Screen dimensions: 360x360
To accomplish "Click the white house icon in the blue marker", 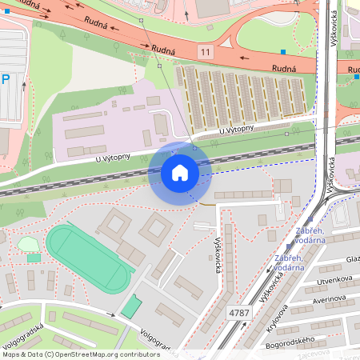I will click(180, 173).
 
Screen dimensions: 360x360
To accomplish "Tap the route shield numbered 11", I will click(207, 52).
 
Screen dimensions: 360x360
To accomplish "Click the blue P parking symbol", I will click(6, 79).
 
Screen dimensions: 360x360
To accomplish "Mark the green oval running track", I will click(87, 258).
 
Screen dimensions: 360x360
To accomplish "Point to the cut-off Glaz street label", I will click(352, 258).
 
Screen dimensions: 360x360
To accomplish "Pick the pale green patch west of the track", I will click(28, 244).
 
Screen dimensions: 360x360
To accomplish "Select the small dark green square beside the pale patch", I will click(33, 258).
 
